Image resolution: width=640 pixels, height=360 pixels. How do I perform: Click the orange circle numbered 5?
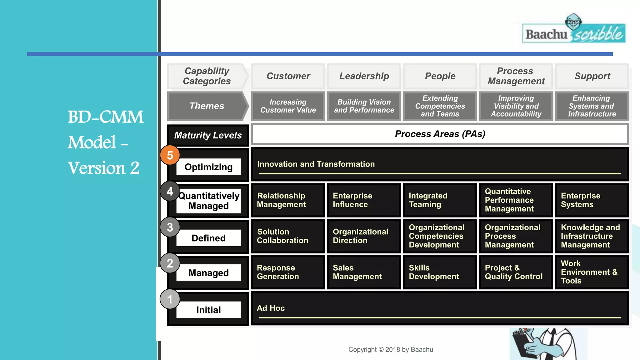[170, 155]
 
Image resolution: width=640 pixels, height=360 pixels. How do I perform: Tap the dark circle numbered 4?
[170, 191]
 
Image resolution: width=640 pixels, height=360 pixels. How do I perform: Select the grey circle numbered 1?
[170, 299]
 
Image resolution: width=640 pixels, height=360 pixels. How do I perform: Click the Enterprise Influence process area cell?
[364, 200]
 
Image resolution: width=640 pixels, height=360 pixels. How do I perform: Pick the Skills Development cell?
[440, 272]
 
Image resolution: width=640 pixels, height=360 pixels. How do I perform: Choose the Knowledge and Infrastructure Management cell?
[592, 236]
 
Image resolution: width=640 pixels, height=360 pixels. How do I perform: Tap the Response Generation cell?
[288, 272]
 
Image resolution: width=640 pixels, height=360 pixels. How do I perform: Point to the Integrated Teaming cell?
[440, 200]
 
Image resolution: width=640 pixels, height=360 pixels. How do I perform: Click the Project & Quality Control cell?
[516, 272]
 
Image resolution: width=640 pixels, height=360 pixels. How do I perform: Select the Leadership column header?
[364, 76]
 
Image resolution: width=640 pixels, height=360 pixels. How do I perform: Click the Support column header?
[592, 76]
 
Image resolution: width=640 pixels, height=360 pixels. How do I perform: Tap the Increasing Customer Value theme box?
[288, 106]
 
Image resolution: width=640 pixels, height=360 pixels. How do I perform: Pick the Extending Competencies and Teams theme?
[440, 106]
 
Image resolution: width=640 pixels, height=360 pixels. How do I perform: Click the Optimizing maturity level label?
[208, 167]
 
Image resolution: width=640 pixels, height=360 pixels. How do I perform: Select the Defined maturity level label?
[208, 238]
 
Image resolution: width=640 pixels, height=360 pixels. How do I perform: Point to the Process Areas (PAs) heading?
[440, 134]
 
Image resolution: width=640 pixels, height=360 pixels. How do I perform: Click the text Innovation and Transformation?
[316, 164]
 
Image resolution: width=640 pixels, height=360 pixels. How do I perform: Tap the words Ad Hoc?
[271, 308]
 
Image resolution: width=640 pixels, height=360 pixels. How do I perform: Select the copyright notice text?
[391, 350]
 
